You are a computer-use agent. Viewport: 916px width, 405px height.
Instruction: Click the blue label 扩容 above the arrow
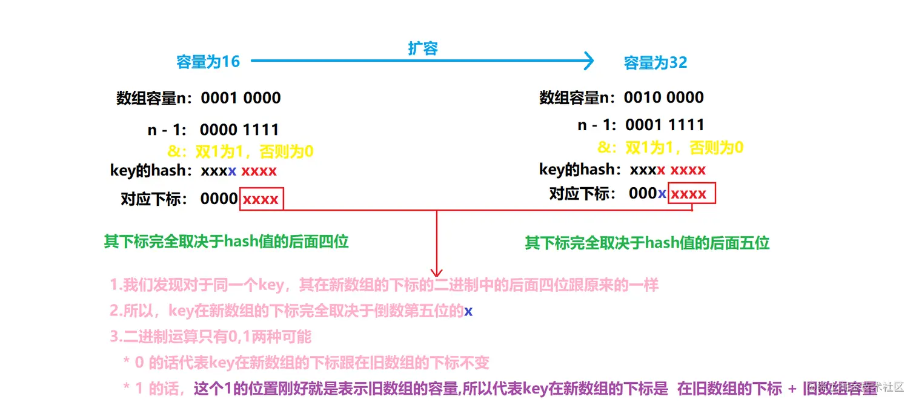[x=422, y=49]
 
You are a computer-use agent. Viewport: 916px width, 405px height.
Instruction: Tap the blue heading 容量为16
[x=208, y=62]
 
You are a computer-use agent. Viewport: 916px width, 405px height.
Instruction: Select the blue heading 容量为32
[x=655, y=63]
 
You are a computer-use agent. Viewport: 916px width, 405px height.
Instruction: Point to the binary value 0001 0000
[x=241, y=97]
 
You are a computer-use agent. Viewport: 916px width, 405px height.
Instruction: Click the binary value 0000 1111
[x=239, y=130]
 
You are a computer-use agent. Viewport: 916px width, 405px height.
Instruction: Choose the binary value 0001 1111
[x=665, y=125]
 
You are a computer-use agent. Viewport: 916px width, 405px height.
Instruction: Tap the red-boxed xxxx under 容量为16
[x=261, y=199]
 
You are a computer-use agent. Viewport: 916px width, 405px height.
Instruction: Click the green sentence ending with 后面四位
[x=226, y=242]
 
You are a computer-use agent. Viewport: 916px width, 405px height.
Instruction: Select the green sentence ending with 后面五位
[x=646, y=243]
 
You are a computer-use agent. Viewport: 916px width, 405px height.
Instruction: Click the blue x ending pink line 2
[x=468, y=311]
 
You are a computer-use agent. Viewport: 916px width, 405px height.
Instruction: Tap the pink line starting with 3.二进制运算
[x=210, y=337]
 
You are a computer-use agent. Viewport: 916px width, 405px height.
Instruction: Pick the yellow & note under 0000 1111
[x=240, y=151]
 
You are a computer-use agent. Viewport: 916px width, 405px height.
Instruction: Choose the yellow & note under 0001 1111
[x=670, y=147]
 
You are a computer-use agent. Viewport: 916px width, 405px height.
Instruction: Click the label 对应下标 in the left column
[x=154, y=199]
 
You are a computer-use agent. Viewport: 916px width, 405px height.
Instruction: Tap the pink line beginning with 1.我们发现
[x=383, y=285]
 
